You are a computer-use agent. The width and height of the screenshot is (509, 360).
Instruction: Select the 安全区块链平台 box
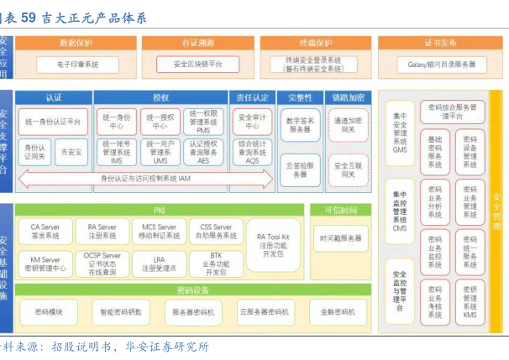[x=198, y=63]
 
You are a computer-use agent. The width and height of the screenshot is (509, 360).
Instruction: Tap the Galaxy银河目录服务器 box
[x=442, y=64]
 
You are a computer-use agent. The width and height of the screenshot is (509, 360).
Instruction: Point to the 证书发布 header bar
[x=442, y=42]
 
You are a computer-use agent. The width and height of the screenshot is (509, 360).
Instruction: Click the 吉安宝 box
[x=72, y=153]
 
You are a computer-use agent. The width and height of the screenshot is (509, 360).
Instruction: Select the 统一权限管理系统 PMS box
[x=204, y=122]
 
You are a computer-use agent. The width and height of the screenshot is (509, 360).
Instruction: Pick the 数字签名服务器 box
[x=300, y=126]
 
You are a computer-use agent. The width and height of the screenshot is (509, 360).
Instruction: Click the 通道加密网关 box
[x=347, y=126]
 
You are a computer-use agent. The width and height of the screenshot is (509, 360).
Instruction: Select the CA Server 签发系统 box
[x=45, y=232]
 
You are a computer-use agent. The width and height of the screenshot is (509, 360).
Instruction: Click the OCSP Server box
[x=102, y=263]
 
